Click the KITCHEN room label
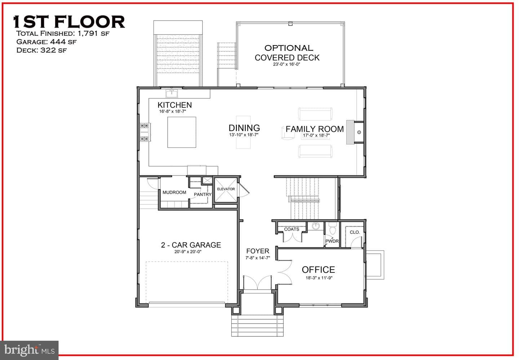(175, 105)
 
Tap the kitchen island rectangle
(182, 132)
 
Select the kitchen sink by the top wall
(172, 94)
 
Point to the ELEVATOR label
(226, 189)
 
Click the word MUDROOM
(174, 192)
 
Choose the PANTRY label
(203, 194)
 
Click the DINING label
(244, 128)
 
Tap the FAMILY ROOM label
(315, 129)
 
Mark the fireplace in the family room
(355, 132)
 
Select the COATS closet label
(292, 229)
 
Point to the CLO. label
(355, 232)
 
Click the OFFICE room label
(318, 270)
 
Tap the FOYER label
(258, 251)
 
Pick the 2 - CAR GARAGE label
(191, 245)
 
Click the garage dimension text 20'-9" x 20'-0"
(188, 252)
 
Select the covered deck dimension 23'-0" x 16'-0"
(287, 64)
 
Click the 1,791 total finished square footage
(88, 34)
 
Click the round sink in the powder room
(316, 226)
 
